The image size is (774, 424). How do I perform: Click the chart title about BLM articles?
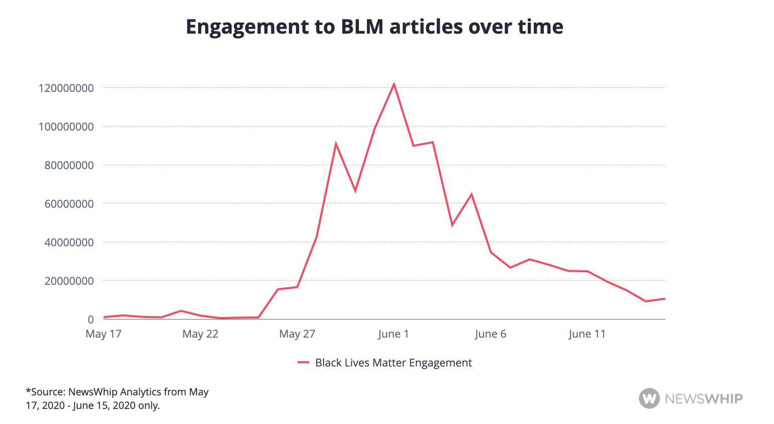[x=374, y=27]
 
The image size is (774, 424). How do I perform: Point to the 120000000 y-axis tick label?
[x=66, y=88]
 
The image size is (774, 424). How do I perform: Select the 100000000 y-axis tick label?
[x=66, y=127]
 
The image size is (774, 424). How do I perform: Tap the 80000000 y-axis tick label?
[x=69, y=165]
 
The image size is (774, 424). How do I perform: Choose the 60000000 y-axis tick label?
[x=69, y=204]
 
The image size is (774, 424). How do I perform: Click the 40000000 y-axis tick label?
[x=69, y=243]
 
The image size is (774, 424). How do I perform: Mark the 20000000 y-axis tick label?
[x=69, y=281]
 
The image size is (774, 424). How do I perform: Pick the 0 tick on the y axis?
[x=90, y=320]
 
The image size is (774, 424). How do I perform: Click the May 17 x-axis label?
[x=104, y=334]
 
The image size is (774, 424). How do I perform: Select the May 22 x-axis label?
[x=201, y=334]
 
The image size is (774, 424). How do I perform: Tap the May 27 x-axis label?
[x=297, y=334]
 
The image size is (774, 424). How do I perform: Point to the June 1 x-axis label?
[x=394, y=334]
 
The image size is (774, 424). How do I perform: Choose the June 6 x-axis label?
[x=491, y=334]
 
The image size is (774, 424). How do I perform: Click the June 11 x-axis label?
[x=587, y=334]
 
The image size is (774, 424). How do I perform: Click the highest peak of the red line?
[x=394, y=84]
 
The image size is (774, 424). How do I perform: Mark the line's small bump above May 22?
[x=181, y=311]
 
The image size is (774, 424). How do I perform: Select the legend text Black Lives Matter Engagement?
[x=394, y=363]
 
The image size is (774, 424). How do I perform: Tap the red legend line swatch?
[x=303, y=363]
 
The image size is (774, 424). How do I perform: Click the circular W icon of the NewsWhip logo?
[x=649, y=398]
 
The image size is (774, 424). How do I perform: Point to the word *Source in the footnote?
[x=45, y=392]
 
